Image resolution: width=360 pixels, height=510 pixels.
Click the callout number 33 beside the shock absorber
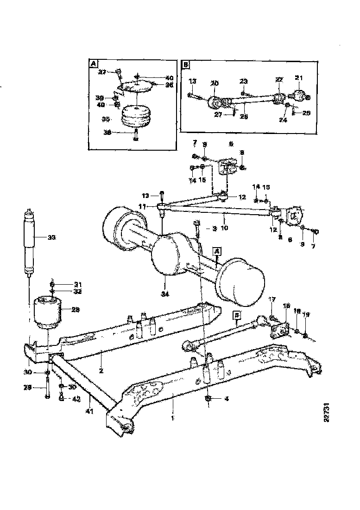[x=52, y=237]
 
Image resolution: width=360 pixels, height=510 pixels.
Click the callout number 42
[x=77, y=398]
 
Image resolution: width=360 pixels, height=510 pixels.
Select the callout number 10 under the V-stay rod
[x=224, y=228]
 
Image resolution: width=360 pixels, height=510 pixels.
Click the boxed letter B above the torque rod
[x=237, y=315]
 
